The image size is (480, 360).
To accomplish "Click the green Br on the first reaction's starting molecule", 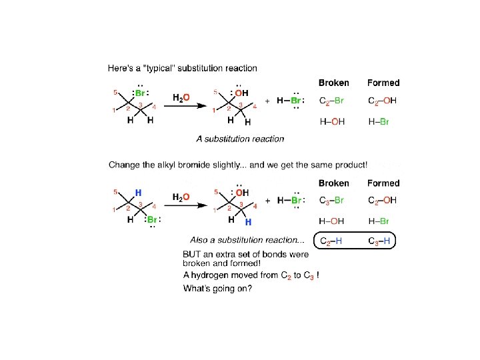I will [x=140, y=93].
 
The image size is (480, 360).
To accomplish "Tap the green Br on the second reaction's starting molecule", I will [x=152, y=219].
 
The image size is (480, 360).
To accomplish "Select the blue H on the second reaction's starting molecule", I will [x=138, y=192].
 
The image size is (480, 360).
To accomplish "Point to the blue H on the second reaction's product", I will [x=248, y=221].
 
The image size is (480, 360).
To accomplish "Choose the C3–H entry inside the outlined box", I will [x=382, y=241].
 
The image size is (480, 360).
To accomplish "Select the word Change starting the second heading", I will [x=125, y=165].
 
